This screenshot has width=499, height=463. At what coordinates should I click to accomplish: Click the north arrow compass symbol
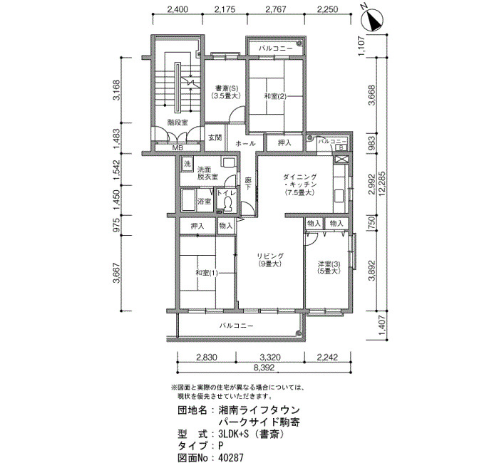tap(372, 20)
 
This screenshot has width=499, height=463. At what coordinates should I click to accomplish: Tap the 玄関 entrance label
tap(215, 138)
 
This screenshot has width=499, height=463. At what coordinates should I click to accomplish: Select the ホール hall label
tap(245, 143)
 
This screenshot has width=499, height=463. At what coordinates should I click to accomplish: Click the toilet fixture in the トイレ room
tap(227, 204)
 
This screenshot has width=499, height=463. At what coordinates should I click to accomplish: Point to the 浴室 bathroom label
tap(205, 201)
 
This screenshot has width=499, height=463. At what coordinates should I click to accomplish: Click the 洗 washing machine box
tap(187, 164)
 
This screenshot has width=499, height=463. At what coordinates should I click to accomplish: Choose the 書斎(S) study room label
tap(225, 88)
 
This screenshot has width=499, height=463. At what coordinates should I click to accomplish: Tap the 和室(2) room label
tap(275, 96)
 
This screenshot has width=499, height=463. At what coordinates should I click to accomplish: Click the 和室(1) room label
tap(207, 273)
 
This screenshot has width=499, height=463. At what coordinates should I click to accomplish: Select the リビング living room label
tap(270, 256)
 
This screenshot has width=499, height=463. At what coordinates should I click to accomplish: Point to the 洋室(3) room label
tap(329, 264)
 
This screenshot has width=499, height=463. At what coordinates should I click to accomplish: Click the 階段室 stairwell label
tap(178, 123)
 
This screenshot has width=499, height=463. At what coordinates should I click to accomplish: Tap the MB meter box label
tap(178, 148)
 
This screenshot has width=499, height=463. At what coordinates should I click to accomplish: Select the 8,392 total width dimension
tap(264, 368)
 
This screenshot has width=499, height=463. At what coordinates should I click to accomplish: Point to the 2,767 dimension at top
tap(275, 9)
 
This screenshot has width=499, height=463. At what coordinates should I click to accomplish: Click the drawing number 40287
tap(231, 457)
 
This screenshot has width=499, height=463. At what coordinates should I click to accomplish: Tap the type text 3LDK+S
tap(234, 434)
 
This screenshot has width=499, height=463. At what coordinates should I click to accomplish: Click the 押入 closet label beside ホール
tap(284, 142)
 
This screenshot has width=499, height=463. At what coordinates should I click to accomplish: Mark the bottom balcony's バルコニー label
tap(236, 326)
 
